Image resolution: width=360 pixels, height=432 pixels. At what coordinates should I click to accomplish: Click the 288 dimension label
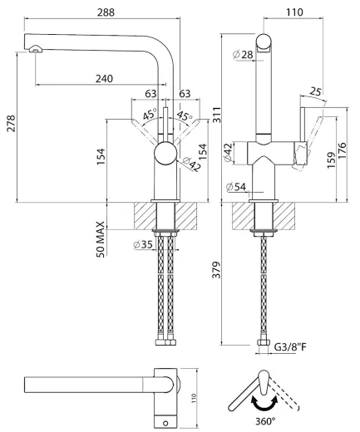[106, 12]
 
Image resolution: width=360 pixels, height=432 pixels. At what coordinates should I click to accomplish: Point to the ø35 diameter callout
[142, 244]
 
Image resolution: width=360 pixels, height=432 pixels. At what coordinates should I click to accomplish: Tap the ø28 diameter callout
[243, 55]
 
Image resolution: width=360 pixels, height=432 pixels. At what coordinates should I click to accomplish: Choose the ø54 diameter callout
[236, 186]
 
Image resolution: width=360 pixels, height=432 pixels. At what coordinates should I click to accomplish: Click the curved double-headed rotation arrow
[260, 401]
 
